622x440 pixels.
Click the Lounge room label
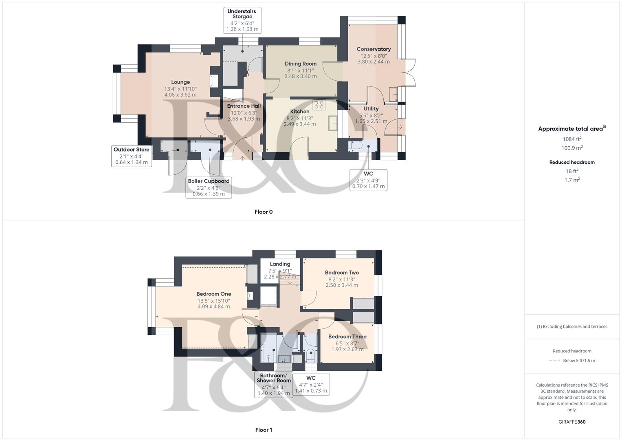(x=180, y=82)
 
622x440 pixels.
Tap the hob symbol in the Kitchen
(x=319, y=105)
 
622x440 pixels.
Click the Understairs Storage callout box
(x=242, y=20)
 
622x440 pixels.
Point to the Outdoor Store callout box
(x=131, y=156)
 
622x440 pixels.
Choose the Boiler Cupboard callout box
(x=209, y=187)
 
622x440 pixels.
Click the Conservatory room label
(x=374, y=49)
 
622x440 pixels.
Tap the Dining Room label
(x=301, y=64)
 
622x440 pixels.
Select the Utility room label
(x=371, y=109)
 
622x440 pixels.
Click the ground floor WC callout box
(x=368, y=180)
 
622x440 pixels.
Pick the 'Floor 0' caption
(x=264, y=212)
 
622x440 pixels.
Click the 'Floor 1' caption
(x=264, y=430)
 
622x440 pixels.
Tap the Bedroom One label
(x=214, y=294)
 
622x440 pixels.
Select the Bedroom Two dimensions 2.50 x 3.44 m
(x=342, y=285)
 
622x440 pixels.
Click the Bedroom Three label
(x=347, y=337)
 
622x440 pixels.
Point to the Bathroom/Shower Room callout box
(x=274, y=384)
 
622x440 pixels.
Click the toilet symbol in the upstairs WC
(x=311, y=354)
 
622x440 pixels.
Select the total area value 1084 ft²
(x=572, y=139)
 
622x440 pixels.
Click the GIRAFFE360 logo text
(x=572, y=422)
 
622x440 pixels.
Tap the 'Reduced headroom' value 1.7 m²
(x=572, y=180)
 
